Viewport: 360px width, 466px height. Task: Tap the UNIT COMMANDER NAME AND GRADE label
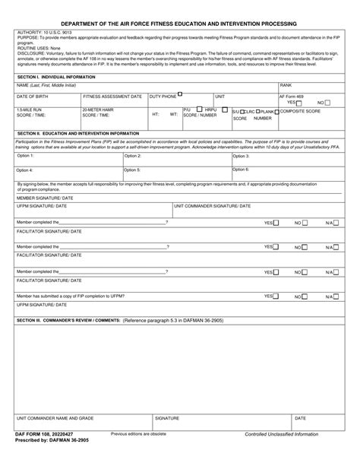[x=55, y=418]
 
